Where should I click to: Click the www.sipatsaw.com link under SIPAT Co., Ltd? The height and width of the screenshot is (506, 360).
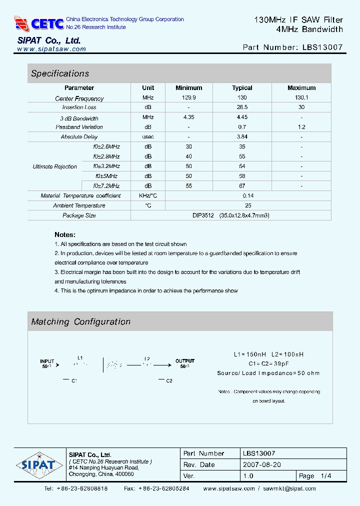51,49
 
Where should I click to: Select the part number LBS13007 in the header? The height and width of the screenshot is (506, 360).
322,47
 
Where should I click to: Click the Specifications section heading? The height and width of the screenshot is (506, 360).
60,73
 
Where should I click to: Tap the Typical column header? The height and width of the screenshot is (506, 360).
242,88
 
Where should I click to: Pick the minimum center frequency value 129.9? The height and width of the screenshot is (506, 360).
188,98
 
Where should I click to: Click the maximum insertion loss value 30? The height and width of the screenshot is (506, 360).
301,107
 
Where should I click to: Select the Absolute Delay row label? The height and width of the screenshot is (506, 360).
79,137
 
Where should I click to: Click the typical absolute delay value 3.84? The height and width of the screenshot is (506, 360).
242,137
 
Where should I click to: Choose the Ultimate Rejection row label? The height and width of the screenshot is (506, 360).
55,166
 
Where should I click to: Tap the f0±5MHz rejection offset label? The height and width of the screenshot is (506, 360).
106,176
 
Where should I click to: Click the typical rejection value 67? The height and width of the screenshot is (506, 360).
242,186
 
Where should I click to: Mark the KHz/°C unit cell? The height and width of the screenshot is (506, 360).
147,196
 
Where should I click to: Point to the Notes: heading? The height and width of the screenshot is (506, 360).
65,234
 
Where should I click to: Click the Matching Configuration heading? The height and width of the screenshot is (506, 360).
80,322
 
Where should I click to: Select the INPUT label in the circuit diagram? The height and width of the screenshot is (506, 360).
47,361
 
